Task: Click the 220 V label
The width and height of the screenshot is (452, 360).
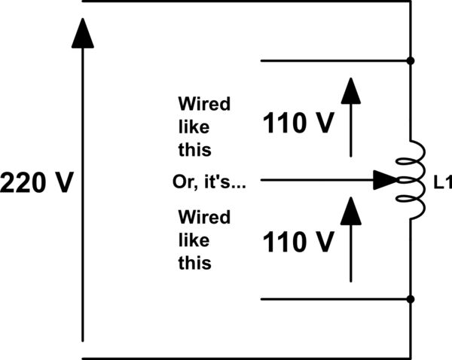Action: [36, 182]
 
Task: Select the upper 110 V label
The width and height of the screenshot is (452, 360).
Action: [298, 124]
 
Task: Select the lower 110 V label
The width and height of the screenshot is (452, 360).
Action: [298, 243]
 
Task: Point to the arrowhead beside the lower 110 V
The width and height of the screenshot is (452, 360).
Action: [350, 211]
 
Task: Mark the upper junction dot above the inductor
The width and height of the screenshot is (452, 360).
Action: [411, 60]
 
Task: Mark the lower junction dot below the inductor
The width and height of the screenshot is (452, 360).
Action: [411, 299]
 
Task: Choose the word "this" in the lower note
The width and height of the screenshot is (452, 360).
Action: [194, 264]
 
